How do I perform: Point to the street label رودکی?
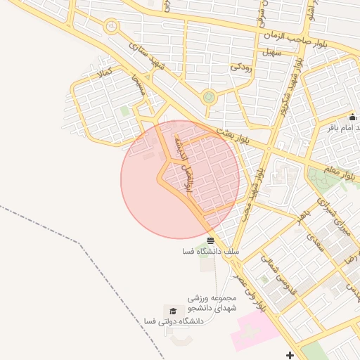pos(241,68)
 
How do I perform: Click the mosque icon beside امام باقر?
pos(352,117)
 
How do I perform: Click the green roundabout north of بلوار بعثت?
pos(208,97)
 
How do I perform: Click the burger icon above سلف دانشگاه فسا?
pos(211,240)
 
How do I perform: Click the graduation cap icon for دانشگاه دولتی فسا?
pos(172,311)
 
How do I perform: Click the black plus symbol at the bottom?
pos(290,354)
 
